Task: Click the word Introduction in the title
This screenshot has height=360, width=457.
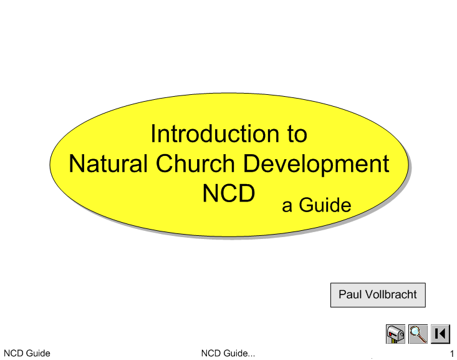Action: pos(215,134)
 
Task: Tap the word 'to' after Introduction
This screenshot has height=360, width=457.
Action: pos(297,135)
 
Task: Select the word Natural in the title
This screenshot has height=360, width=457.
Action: pos(108,163)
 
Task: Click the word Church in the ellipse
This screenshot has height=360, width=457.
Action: pos(195,163)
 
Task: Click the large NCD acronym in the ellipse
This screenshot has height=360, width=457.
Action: pos(229,193)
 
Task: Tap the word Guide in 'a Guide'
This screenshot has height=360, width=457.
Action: pos(325,205)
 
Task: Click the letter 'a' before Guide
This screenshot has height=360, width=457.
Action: pos(287,207)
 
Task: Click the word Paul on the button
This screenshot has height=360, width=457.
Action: pos(350,294)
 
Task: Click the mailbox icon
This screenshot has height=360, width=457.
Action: pos(395,334)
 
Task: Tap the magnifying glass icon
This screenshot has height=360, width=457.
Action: pos(418,334)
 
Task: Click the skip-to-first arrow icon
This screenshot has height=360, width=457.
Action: pos(440,334)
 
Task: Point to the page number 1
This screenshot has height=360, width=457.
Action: pos(452,354)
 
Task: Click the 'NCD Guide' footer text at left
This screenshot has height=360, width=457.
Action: pos(27,353)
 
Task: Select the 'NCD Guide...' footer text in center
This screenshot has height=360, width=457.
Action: pos(228,353)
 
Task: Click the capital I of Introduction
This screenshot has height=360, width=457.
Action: pos(153,134)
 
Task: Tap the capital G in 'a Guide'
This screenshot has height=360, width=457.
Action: pos(307,205)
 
